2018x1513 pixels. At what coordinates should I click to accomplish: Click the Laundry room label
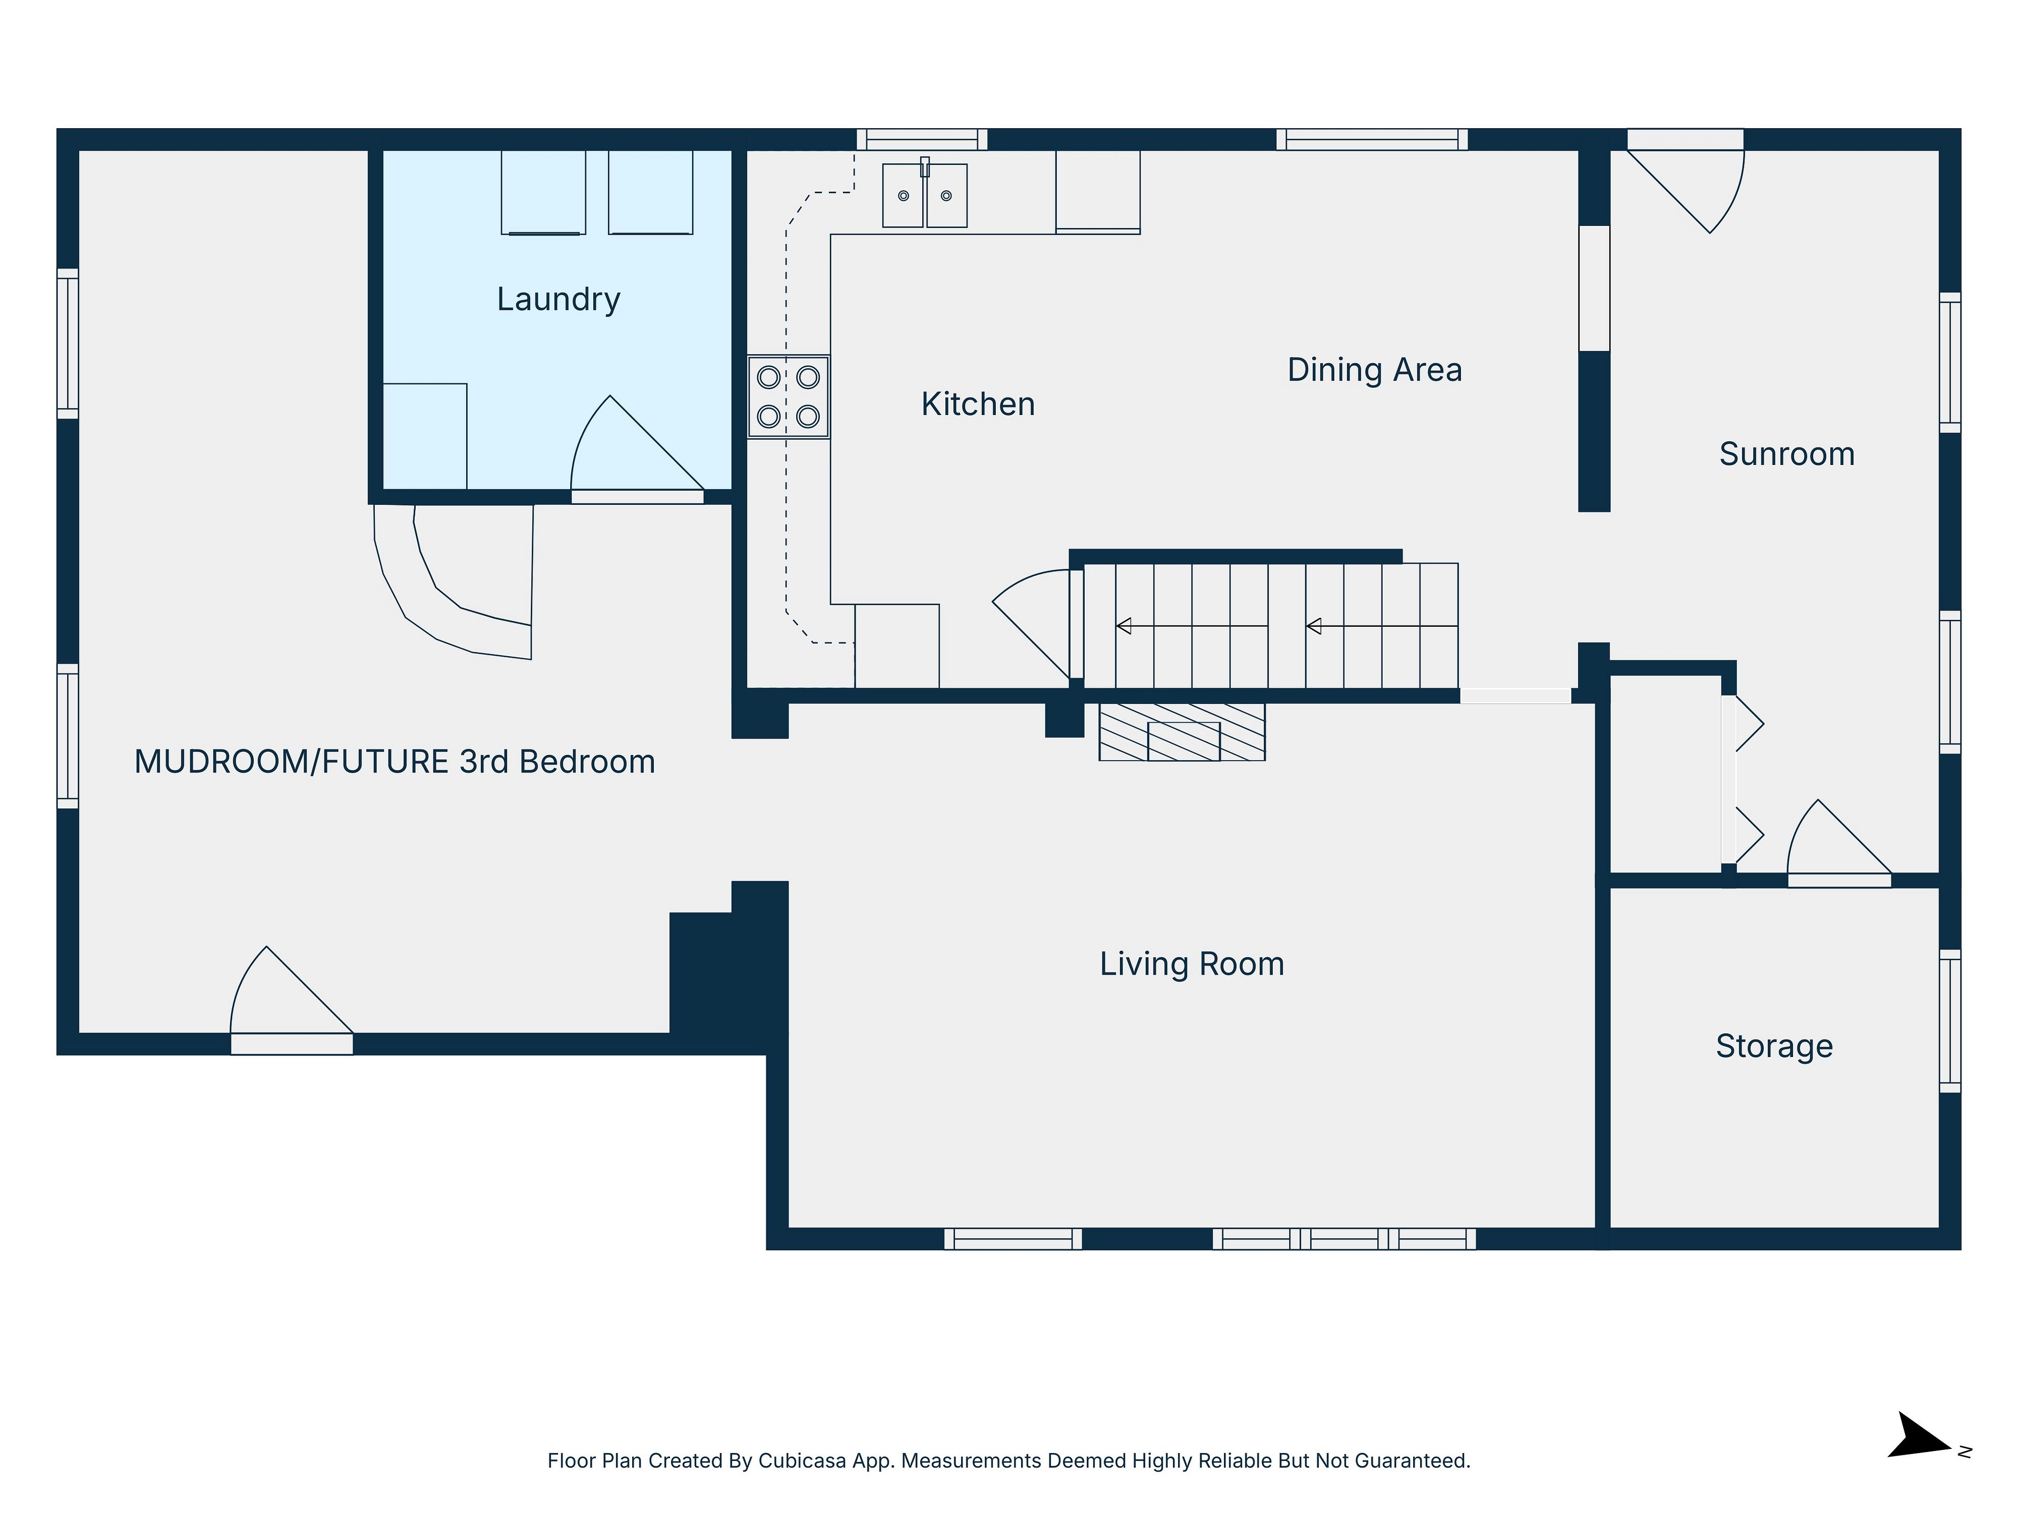coord(558,299)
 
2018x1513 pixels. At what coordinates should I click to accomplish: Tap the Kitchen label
coord(978,404)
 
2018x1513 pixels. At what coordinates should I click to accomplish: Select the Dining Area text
coord(1375,369)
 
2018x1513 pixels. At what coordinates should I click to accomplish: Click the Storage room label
coord(1774,1046)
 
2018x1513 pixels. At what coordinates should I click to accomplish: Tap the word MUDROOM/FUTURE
coord(292,762)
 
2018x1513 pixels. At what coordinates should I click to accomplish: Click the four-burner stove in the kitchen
coord(788,397)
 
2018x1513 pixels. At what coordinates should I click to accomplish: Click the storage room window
coord(1950,1021)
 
